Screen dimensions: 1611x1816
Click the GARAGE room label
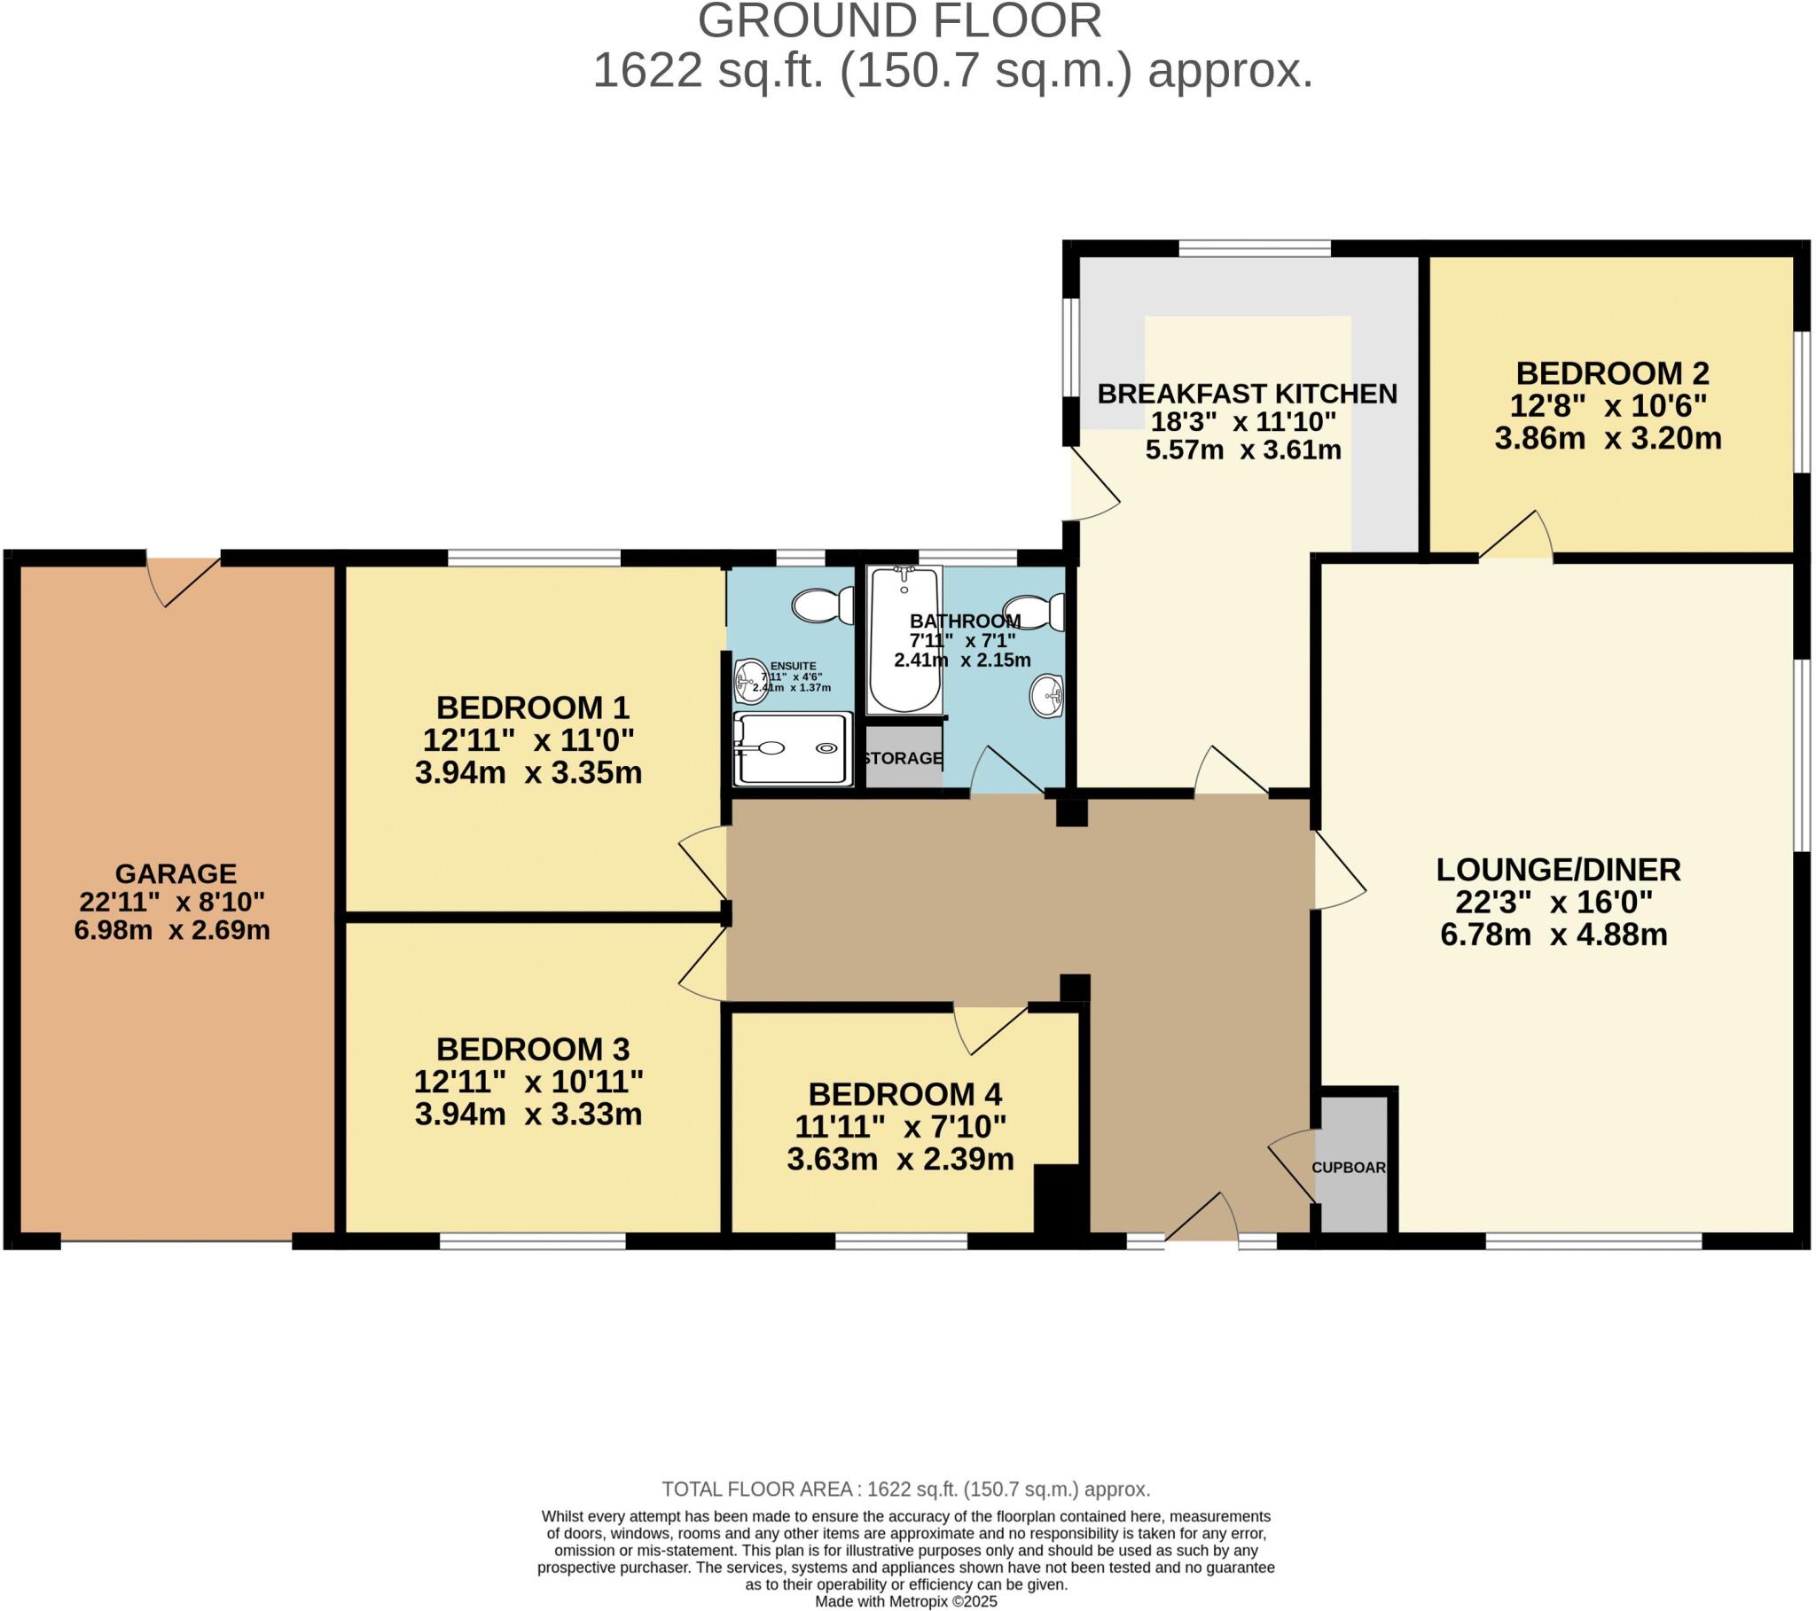[x=176, y=873]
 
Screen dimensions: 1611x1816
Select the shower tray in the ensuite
[x=792, y=748]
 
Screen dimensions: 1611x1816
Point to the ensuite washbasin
[x=751, y=681]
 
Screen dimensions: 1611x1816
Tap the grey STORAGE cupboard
[x=903, y=757]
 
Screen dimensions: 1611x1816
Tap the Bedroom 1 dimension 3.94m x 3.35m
[x=528, y=772]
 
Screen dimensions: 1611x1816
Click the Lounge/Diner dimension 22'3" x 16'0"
[x=1553, y=902]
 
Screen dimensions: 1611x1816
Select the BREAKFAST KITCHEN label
[x=1247, y=394]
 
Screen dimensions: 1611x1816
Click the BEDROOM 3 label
[x=532, y=1050]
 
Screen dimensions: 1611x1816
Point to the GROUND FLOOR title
[x=899, y=21]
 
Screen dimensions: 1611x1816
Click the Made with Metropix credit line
[x=905, y=1601]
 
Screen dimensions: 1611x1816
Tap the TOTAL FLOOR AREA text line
[x=905, y=1490]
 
